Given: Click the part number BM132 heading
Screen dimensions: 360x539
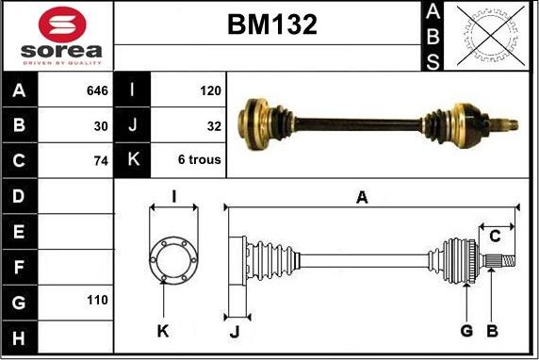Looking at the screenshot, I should click(271, 25).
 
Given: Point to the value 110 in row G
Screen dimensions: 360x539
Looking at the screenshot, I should click(97, 300).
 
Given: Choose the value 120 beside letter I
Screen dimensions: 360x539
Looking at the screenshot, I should click(210, 91).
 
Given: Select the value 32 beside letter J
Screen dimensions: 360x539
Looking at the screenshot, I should click(213, 125).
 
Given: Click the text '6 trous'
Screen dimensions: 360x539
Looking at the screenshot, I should click(199, 160).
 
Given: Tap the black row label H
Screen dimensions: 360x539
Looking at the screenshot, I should click(19, 335).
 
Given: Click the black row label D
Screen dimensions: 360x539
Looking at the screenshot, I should click(19, 196).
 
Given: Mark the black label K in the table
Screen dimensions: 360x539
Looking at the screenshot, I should click(132, 160).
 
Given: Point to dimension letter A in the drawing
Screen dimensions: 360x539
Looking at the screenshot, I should click(361, 197).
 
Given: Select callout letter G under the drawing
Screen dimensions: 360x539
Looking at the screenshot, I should click(466, 330).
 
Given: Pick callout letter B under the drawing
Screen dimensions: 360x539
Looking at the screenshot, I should click(491, 330).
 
